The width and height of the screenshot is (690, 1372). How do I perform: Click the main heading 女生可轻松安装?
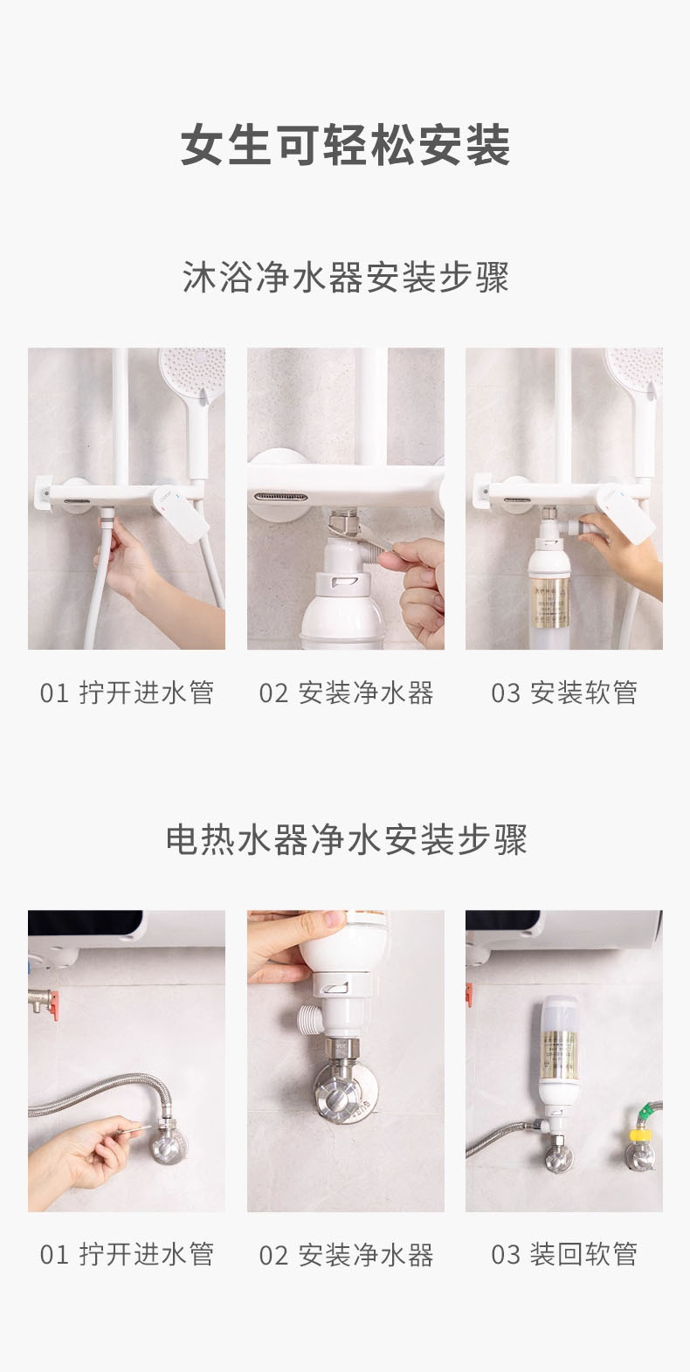click(345, 145)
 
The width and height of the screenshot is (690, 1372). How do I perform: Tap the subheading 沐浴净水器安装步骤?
click(345, 277)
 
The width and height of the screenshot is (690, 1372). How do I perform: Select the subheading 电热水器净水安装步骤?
click(346, 839)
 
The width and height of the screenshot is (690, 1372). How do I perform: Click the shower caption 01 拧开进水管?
click(127, 693)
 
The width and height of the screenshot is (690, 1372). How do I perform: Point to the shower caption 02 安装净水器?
click(346, 693)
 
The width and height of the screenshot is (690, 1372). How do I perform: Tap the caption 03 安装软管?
click(563, 693)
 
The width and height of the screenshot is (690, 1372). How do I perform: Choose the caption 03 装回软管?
click(563, 1254)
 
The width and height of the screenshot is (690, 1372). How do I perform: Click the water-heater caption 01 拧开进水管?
click(127, 1254)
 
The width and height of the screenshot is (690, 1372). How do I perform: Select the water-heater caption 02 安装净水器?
click(346, 1254)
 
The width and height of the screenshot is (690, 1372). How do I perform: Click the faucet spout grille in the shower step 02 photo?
click(281, 497)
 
